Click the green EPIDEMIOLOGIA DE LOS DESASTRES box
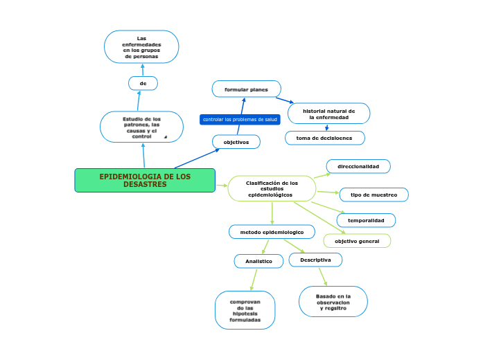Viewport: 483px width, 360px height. [145, 180]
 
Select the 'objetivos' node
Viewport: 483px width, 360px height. [236, 141]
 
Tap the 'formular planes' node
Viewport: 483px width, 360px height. [246, 89]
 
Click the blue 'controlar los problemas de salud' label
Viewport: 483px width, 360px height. [240, 120]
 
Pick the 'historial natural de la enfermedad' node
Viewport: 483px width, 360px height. [328, 114]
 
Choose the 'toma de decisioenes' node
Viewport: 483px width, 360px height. [324, 138]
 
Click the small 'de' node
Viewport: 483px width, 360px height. [143, 83]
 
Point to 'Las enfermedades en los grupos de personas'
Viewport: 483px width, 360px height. [141, 47]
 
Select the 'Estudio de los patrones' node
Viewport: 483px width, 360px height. [141, 127]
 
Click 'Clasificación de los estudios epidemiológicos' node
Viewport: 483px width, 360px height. [272, 188]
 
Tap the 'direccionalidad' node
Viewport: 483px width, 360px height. [358, 166]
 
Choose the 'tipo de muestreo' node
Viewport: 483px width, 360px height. [374, 195]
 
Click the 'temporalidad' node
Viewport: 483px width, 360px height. [366, 220]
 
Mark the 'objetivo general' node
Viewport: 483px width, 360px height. [357, 241]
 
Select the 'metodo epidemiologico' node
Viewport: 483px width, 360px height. [272, 231]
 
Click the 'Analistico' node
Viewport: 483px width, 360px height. [258, 261]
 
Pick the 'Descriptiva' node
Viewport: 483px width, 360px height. [315, 260]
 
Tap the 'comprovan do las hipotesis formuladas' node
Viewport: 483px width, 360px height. [245, 311]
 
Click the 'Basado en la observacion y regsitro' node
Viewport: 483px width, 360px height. [333, 302]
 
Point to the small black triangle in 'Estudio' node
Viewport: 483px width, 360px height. [166, 137]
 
